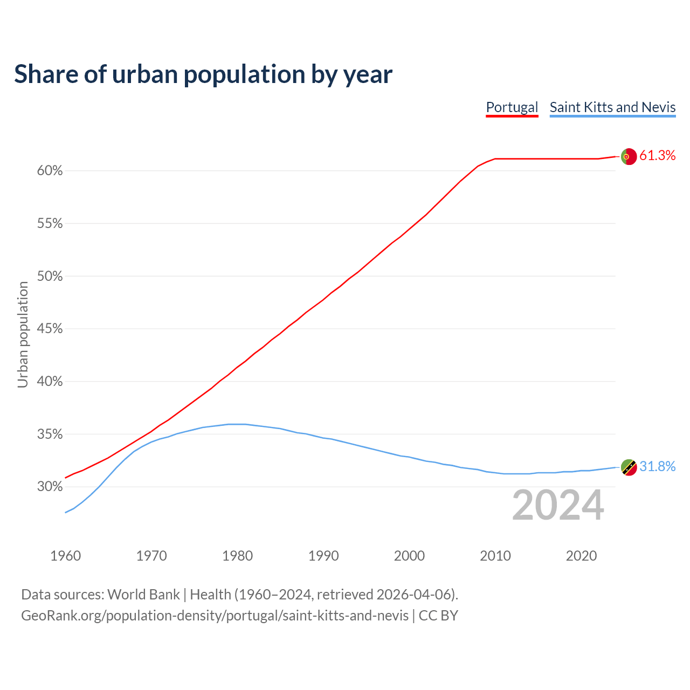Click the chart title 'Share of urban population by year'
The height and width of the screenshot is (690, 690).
pyautogui.click(x=203, y=74)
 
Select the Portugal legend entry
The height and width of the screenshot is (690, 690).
pyautogui.click(x=512, y=107)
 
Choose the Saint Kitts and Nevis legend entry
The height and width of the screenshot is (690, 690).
pyautogui.click(x=612, y=107)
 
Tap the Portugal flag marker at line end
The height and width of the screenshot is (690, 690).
pyautogui.click(x=629, y=156)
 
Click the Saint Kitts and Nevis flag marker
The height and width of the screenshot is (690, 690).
pyautogui.click(x=629, y=467)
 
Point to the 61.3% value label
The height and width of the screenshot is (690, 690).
pyautogui.click(x=657, y=156)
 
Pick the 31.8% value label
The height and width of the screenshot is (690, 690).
pyautogui.click(x=657, y=467)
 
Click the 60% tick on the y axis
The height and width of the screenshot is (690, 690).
pyautogui.click(x=50, y=171)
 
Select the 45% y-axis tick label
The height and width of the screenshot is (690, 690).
pyautogui.click(x=50, y=329)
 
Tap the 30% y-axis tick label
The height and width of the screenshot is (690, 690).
pyautogui.click(x=50, y=487)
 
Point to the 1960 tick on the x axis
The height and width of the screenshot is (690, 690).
pyautogui.click(x=65, y=556)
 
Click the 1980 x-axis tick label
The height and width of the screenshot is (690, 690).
pyautogui.click(x=237, y=556)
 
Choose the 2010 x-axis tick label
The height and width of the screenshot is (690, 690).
pyautogui.click(x=495, y=556)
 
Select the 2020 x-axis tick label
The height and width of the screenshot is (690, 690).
pyautogui.click(x=581, y=556)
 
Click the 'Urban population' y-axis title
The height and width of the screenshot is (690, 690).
pyautogui.click(x=23, y=334)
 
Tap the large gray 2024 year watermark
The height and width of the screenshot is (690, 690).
pyautogui.click(x=558, y=506)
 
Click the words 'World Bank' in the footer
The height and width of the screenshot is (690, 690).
pyautogui.click(x=143, y=595)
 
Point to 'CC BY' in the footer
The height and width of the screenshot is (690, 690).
pyautogui.click(x=438, y=616)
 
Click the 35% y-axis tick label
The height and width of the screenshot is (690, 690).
pyautogui.click(x=50, y=434)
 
